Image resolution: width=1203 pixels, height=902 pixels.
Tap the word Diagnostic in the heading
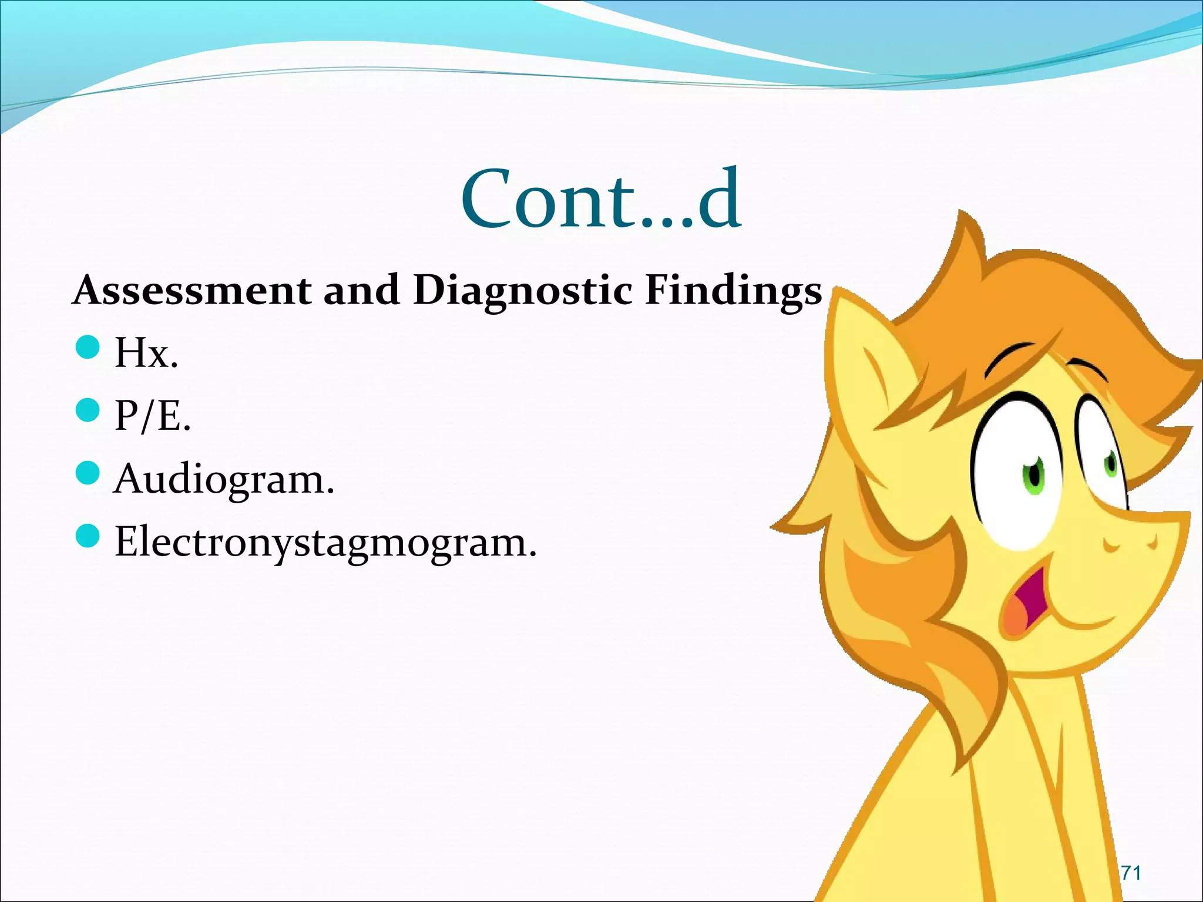pos(522,291)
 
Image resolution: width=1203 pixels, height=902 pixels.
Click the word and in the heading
pos(361,290)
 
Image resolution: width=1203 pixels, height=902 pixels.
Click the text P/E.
pos(153,416)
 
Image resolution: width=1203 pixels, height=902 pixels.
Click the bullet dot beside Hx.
pos(88,347)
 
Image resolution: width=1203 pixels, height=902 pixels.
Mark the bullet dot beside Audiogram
pos(88,473)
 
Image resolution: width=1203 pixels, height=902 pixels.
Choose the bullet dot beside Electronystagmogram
pos(88,536)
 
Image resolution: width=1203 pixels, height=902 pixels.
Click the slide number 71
pos(1130,873)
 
